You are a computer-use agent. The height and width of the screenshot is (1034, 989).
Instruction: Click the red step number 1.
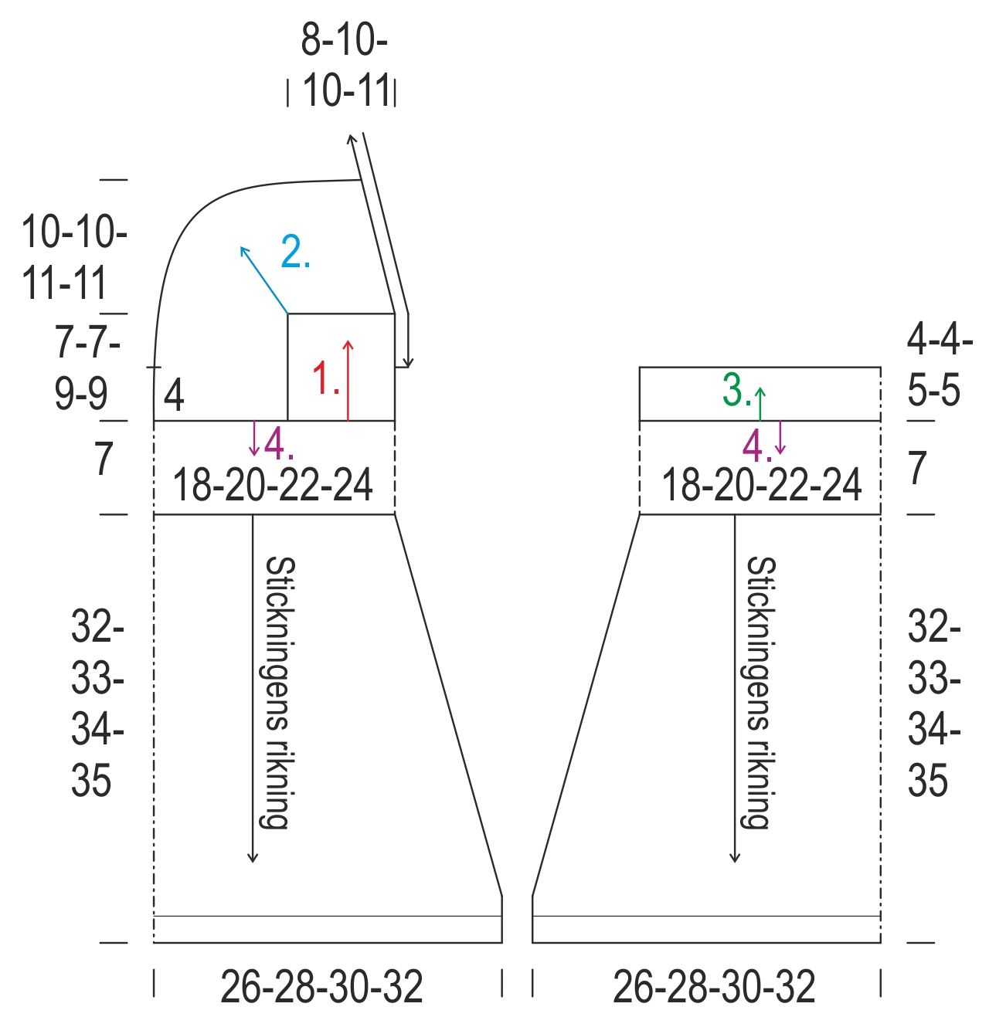pos(325,378)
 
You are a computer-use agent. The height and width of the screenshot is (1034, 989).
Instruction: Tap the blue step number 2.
pos(295,251)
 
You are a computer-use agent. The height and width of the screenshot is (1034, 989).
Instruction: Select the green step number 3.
pos(736,389)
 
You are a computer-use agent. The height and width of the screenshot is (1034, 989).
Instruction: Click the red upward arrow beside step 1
pos(348,380)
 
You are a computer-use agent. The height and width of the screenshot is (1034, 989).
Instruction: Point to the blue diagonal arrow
pos(264,280)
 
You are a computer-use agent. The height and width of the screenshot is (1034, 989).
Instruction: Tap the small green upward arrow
pos(760,404)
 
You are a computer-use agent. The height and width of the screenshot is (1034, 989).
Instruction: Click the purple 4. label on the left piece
pos(279,444)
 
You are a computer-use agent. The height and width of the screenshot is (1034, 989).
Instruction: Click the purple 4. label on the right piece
pos(757,446)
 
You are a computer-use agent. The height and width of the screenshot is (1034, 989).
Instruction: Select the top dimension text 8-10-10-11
pos(345,66)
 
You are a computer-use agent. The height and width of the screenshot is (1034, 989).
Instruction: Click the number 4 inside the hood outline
pos(174,396)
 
